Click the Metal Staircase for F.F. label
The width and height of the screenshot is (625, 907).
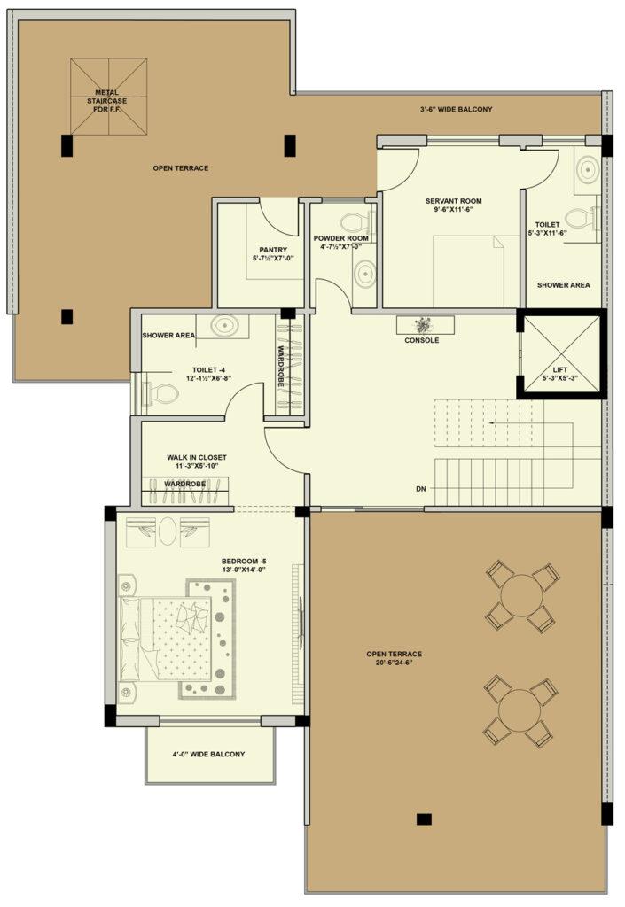click(x=107, y=101)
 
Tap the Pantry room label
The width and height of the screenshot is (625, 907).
click(x=273, y=250)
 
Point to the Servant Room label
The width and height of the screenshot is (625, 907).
click(x=453, y=201)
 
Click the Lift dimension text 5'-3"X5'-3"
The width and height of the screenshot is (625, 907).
click(x=560, y=378)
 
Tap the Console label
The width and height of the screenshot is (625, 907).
click(x=421, y=341)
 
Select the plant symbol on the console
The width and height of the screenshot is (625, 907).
click(x=424, y=324)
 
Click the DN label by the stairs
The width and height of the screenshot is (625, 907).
click(x=421, y=489)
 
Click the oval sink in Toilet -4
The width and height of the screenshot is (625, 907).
click(x=223, y=325)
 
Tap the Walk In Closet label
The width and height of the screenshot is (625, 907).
click(x=197, y=458)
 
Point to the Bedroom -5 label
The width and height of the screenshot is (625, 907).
click(x=244, y=561)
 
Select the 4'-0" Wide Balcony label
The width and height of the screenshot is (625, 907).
click(x=208, y=755)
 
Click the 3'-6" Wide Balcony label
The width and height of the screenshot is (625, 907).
click(x=456, y=109)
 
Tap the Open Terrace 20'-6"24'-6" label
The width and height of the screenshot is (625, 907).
click(x=395, y=655)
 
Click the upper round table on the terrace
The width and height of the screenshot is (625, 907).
click(x=522, y=595)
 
